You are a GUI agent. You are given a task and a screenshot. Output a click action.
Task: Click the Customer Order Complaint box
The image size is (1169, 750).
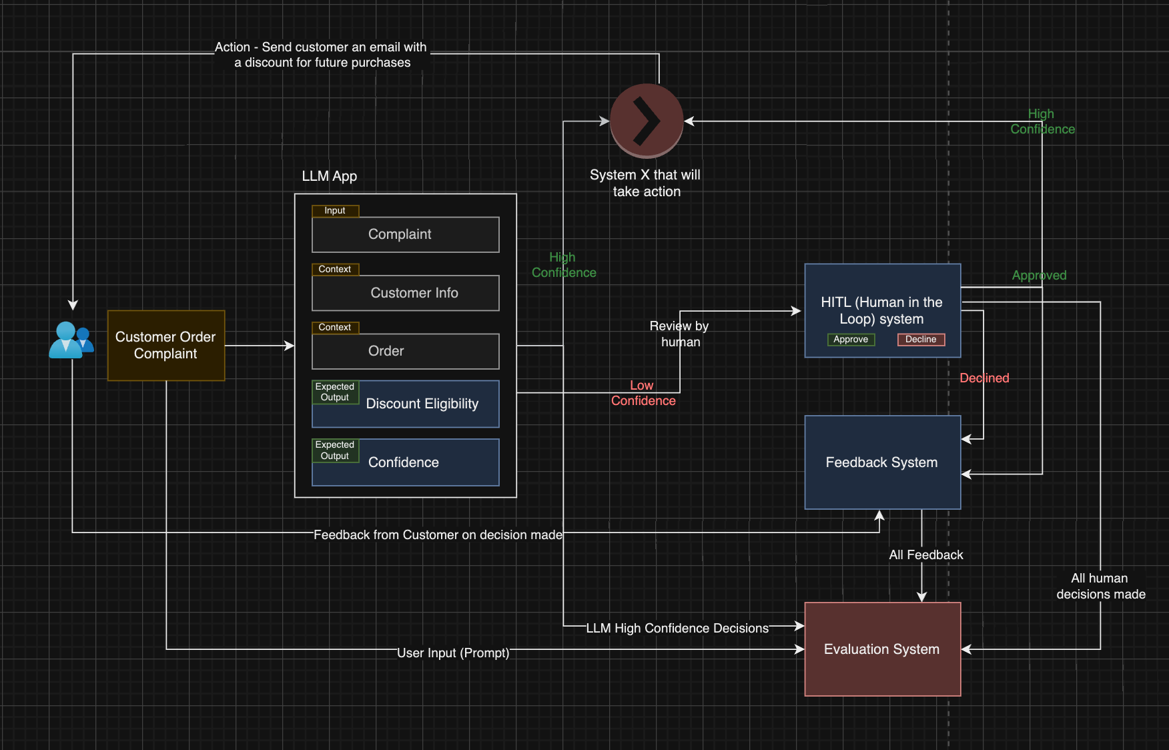[x=166, y=345]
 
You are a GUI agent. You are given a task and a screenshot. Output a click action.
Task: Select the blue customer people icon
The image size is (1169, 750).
[x=70, y=340]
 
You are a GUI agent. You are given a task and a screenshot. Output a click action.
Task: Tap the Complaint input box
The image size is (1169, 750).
[x=405, y=234]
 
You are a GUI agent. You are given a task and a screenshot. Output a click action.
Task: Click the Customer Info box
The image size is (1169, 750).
[x=405, y=293]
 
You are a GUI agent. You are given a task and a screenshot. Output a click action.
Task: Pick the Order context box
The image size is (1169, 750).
[x=405, y=351]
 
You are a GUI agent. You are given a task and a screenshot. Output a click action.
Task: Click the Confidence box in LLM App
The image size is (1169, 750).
[x=405, y=462]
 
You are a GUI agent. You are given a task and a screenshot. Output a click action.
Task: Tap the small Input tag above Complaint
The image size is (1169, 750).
[x=335, y=211]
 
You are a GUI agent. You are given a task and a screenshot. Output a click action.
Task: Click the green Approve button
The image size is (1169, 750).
[x=851, y=340]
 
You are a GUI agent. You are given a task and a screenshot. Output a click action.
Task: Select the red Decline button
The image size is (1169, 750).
[x=921, y=340]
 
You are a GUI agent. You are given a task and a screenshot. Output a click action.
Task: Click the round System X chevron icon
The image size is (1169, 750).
[x=646, y=121]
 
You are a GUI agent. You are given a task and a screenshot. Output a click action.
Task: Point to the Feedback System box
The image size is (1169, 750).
[x=882, y=462]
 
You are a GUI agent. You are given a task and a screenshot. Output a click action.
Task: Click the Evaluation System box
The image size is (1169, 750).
[x=882, y=649]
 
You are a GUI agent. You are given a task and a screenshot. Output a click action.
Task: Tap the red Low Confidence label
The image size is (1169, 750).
[x=643, y=393]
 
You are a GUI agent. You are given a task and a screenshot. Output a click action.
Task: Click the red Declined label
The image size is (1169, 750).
[x=984, y=378]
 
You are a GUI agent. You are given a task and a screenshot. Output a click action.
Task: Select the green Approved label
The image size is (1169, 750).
[x=1039, y=276]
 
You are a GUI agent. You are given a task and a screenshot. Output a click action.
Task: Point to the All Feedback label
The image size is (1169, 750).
[x=926, y=555]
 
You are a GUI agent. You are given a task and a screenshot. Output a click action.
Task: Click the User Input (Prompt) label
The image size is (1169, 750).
[x=453, y=653]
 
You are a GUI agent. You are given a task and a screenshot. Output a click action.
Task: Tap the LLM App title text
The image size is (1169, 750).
[x=330, y=176]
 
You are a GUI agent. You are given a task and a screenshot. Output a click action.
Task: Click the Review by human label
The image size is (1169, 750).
[x=679, y=334]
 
